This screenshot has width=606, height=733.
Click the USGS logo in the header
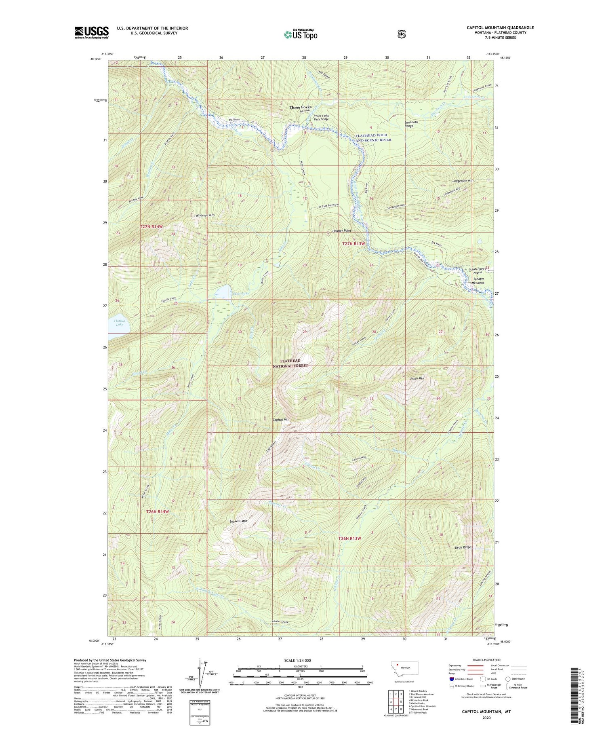[x=91, y=32]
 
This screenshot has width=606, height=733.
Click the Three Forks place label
[x=300, y=107]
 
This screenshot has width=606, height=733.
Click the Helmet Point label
[x=341, y=230]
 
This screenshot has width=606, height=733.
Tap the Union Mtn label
[x=417, y=378]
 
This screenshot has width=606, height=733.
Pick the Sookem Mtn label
[x=238, y=521]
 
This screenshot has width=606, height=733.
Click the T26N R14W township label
[x=157, y=511]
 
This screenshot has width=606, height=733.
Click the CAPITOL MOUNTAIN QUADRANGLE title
[x=500, y=27]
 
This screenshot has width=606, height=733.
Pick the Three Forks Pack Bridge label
[x=322, y=117]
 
